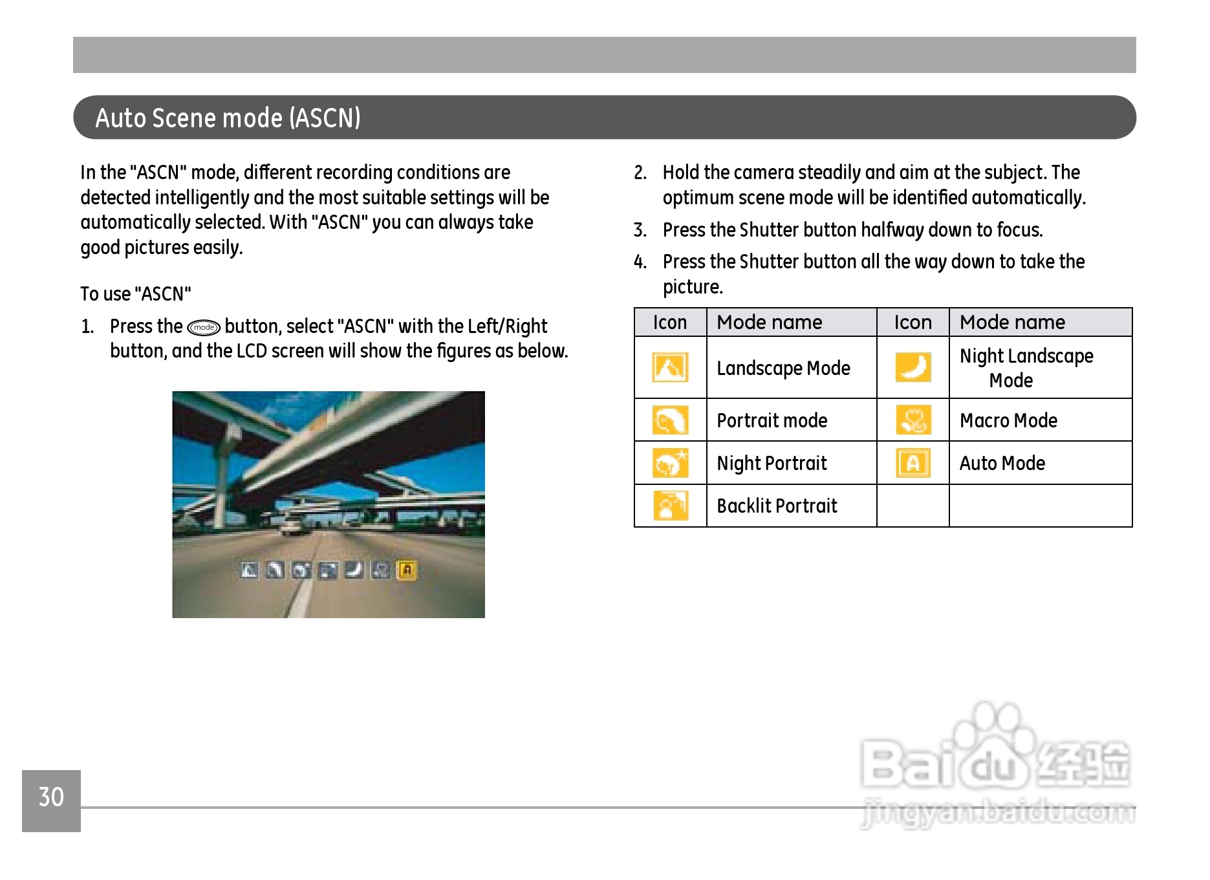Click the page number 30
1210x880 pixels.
tap(51, 797)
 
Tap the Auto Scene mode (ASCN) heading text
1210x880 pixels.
tap(228, 118)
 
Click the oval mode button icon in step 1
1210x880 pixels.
tap(204, 328)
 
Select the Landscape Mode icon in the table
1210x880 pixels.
tap(670, 368)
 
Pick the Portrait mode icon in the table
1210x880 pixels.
tap(670, 421)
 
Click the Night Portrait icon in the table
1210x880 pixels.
tap(670, 463)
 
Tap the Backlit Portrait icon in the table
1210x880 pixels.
tap(670, 506)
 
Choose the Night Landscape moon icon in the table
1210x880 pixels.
tap(913, 367)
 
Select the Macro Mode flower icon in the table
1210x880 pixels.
tap(913, 420)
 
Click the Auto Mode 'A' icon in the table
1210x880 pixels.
tap(913, 463)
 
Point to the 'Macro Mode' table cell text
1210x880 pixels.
tap(1008, 421)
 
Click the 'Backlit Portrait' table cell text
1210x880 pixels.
tap(777, 506)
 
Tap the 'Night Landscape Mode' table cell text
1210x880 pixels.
tap(1026, 368)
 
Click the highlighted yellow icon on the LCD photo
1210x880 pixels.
tap(407, 570)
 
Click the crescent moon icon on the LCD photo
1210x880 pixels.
tap(354, 570)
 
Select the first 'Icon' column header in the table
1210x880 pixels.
tap(669, 323)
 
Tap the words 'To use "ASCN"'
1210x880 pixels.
tap(136, 294)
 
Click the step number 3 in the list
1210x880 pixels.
tap(640, 230)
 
